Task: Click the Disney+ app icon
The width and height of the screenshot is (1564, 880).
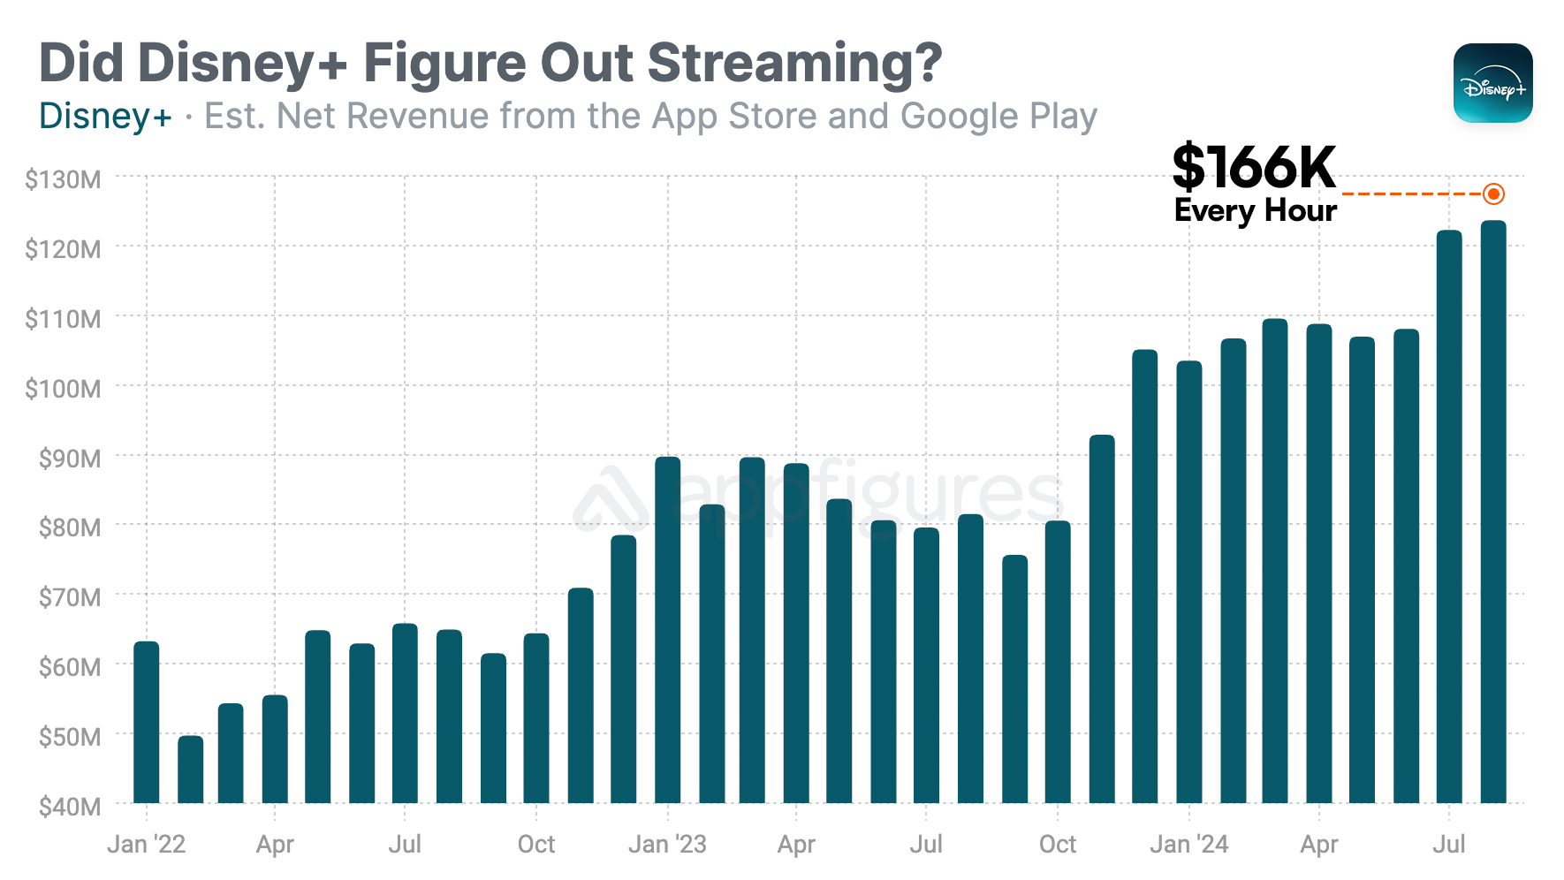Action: (x=1492, y=83)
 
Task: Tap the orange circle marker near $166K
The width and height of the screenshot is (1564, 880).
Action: (x=1493, y=193)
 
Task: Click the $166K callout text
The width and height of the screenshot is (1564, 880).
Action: (x=1253, y=168)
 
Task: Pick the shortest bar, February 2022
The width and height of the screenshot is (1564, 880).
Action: (x=190, y=770)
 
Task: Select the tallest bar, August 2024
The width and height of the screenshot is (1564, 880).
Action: (x=1493, y=512)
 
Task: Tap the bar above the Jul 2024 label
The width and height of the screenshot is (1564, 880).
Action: (x=1449, y=517)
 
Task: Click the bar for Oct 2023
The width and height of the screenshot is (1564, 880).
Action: (x=1058, y=663)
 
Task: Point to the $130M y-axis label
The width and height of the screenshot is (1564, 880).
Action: (x=63, y=179)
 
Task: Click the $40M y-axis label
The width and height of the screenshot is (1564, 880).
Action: (x=69, y=806)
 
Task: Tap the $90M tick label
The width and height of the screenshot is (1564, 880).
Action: (x=69, y=458)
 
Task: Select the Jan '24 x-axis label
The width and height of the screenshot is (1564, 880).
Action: (x=1188, y=844)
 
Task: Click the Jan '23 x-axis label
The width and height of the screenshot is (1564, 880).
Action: (x=667, y=844)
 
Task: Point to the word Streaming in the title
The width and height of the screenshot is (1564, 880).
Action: (x=794, y=64)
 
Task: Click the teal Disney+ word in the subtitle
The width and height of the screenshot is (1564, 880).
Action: (x=105, y=117)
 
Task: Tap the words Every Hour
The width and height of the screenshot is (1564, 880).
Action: (x=1255, y=210)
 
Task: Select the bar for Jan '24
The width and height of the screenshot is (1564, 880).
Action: (x=1189, y=582)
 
